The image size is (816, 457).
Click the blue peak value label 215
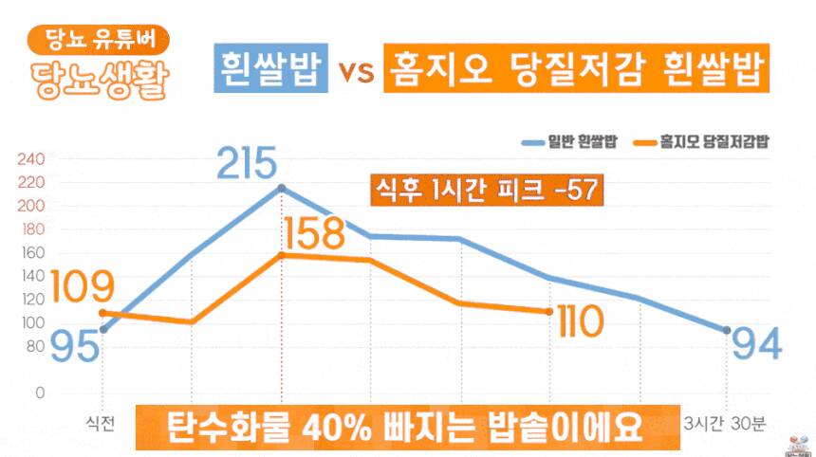[x=250, y=163]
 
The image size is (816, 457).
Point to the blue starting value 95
[x=75, y=346]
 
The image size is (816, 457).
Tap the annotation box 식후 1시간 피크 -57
[x=482, y=190]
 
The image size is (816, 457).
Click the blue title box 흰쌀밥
[x=271, y=69]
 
